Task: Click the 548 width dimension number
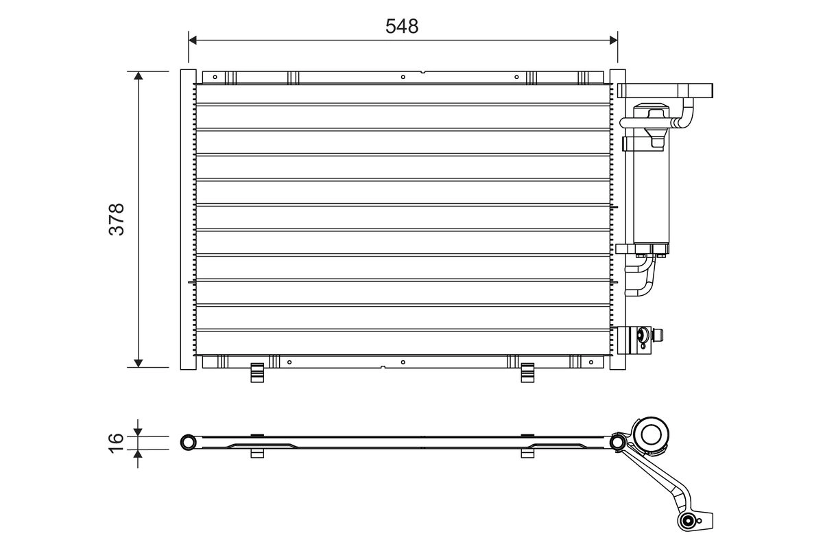click(x=402, y=26)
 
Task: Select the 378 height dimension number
click(x=117, y=219)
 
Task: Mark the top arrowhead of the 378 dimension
click(x=139, y=75)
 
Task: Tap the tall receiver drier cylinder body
click(x=651, y=192)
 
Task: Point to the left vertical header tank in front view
click(x=187, y=220)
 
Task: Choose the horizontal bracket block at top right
click(x=666, y=90)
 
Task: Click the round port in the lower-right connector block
click(x=643, y=335)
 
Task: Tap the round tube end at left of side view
click(x=187, y=443)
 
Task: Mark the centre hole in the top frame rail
click(x=403, y=76)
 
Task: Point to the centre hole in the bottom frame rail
click(x=403, y=362)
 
